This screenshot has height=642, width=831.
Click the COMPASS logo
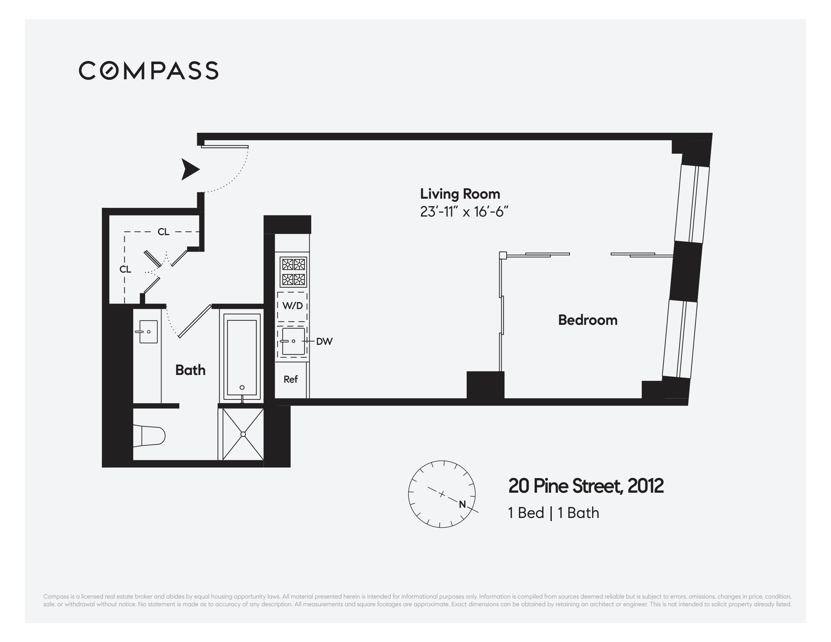pos(149,70)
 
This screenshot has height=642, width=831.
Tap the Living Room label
pos(460,194)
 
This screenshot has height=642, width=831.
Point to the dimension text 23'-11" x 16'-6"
pos(464,212)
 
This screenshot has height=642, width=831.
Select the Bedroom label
pos(587,320)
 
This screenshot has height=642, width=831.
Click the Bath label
pos(190,370)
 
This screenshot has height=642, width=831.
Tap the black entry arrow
pos(190,169)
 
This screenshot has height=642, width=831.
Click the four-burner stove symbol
pos(293,272)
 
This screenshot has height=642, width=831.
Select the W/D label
pos(292,306)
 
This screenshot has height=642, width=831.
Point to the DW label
pos(324,341)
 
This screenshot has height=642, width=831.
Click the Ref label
pos(290,379)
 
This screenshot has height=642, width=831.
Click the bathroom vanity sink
pos(148,332)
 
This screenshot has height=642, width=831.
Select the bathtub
pos(242,357)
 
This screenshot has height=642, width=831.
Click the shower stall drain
pos(243,434)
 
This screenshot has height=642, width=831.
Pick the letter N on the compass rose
pos(462,504)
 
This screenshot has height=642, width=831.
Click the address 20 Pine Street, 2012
pos(585,486)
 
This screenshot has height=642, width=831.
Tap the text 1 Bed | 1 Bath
pos(553,513)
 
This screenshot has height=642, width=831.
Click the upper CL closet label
pos(163,232)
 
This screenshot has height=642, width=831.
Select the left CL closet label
pos(125,269)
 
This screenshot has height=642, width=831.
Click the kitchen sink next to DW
pos(293,341)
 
